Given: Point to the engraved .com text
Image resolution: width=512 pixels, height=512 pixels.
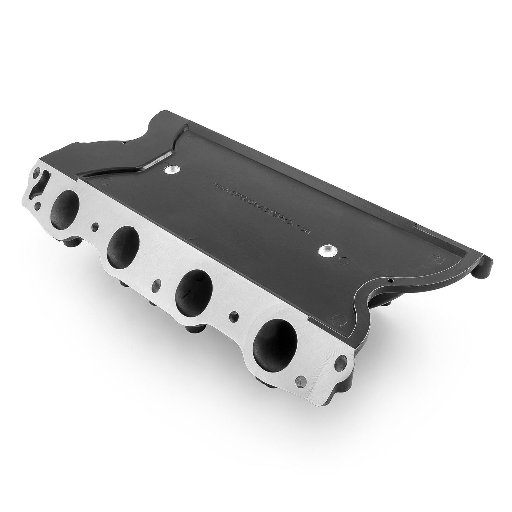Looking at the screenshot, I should point(303,229).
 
